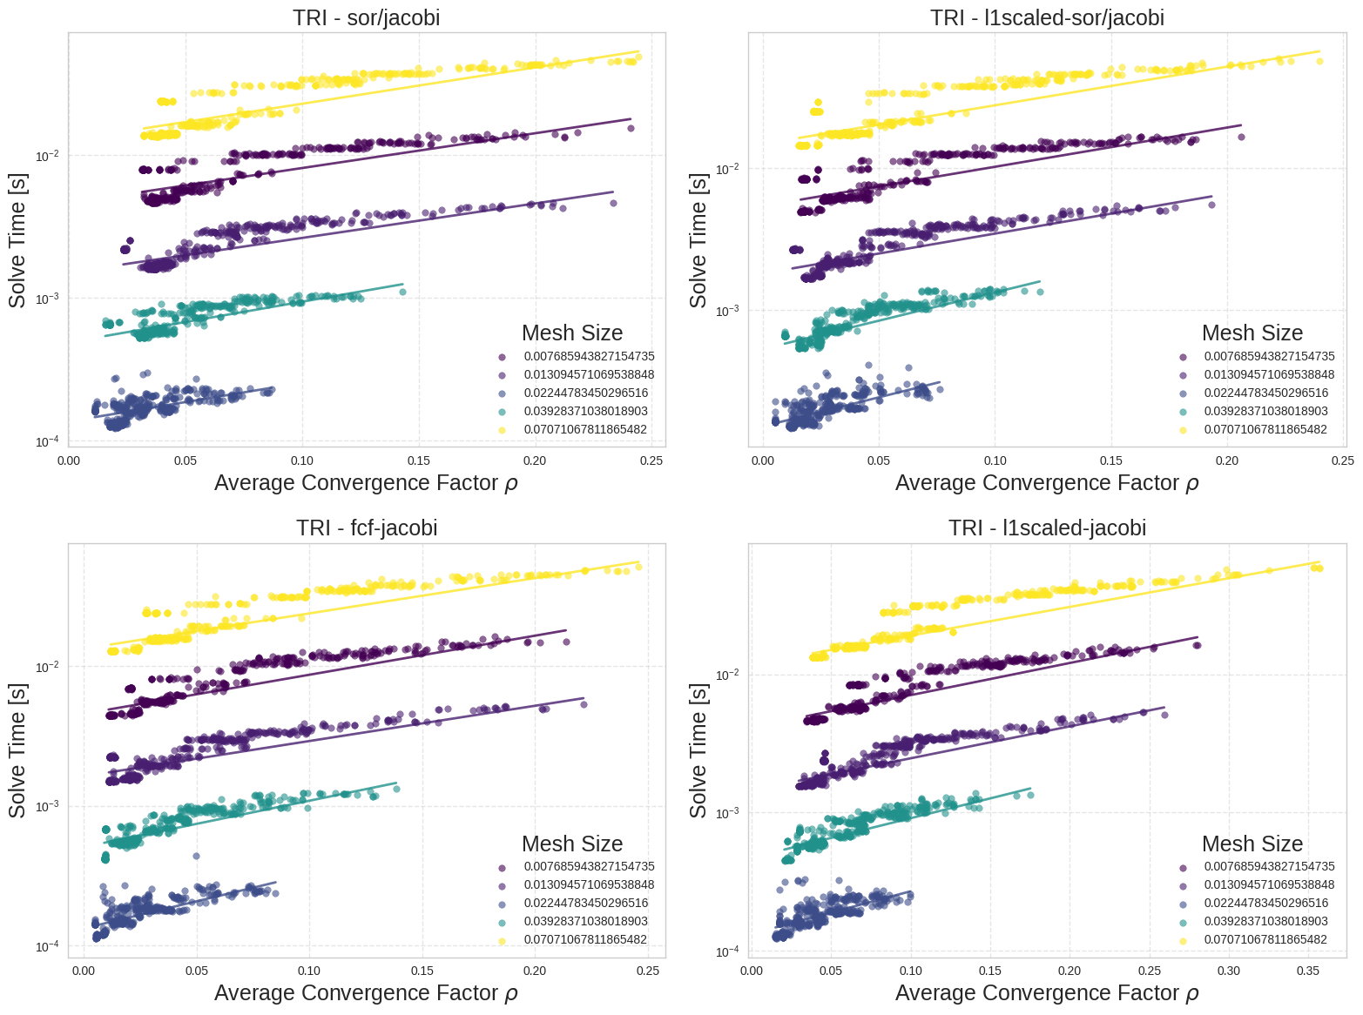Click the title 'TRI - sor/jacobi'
(x=367, y=17)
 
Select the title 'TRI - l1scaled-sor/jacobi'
(x=1047, y=17)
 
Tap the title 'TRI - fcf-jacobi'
(x=367, y=528)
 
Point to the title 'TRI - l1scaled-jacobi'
(x=1047, y=528)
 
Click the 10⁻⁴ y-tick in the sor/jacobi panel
(x=46, y=441)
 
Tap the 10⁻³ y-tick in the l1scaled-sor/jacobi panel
(x=726, y=311)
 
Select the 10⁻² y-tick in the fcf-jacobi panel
(x=46, y=667)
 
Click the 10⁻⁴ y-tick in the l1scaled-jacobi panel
(x=726, y=951)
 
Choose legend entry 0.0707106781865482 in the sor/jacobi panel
(x=585, y=430)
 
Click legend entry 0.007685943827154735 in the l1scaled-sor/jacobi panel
(x=1269, y=356)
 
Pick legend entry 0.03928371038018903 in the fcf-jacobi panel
(x=585, y=921)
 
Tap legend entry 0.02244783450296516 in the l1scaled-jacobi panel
(x=1265, y=903)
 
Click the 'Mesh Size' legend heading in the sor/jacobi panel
(x=572, y=333)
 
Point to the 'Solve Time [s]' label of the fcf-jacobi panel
(x=17, y=749)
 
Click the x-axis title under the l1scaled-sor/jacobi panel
(x=1047, y=483)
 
